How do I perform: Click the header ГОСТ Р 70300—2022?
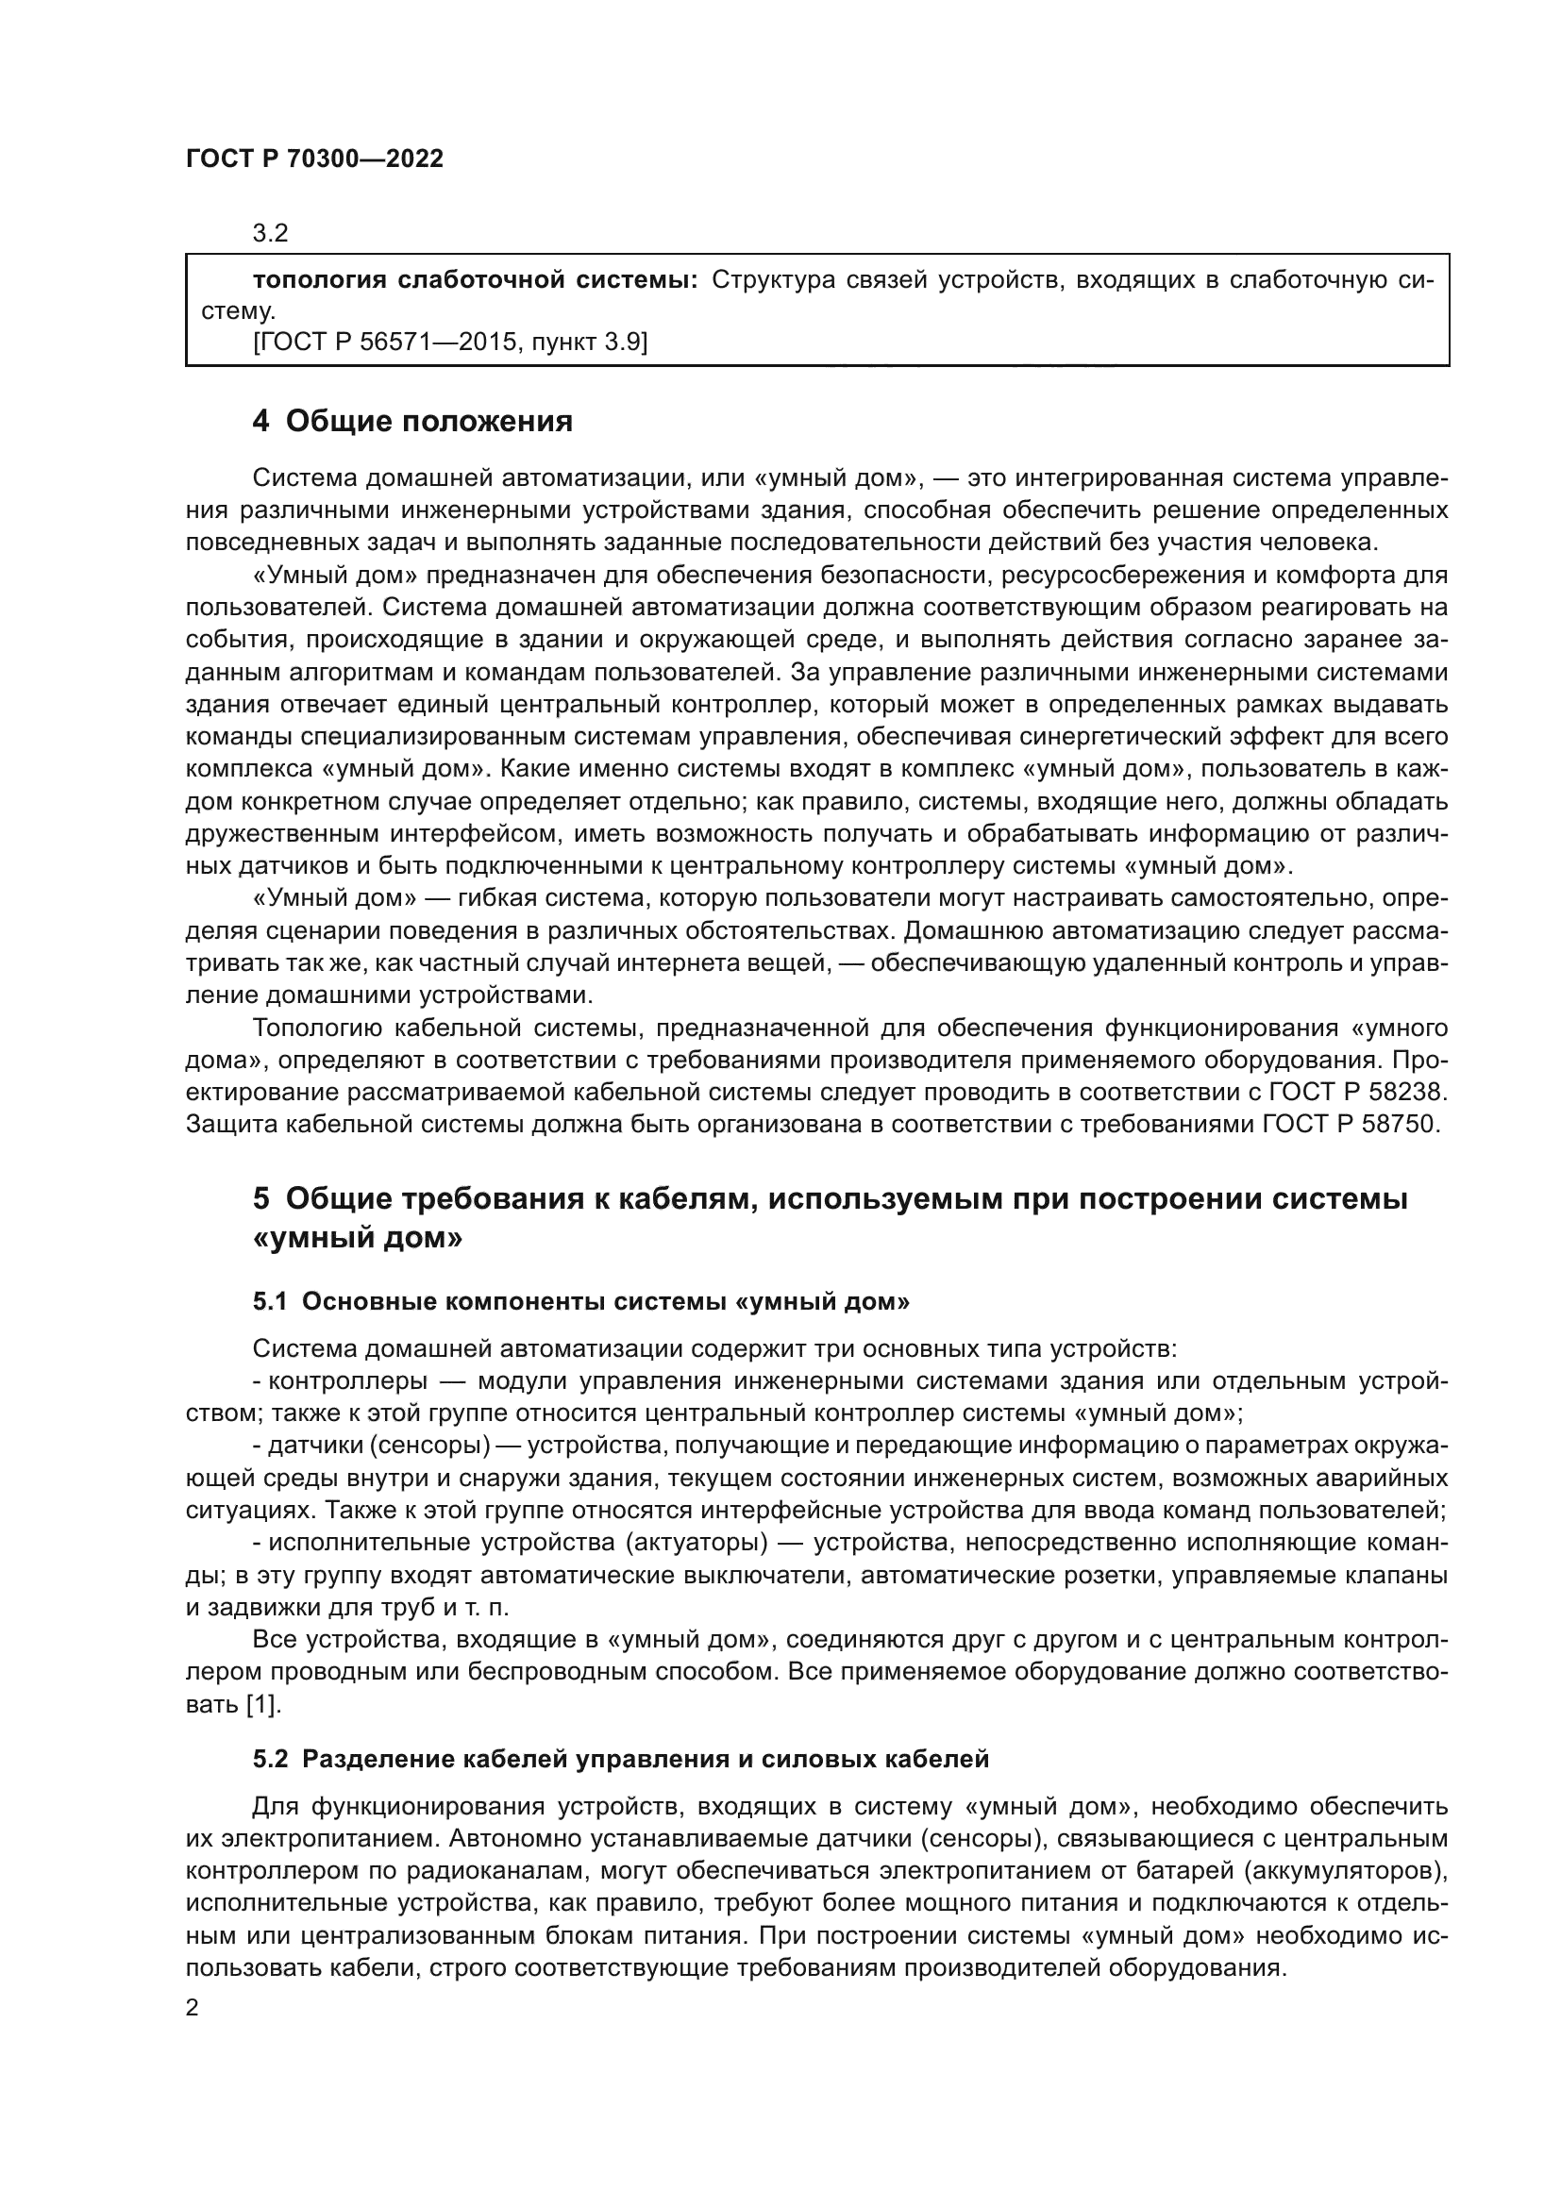(x=314, y=159)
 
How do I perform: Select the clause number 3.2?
(x=270, y=233)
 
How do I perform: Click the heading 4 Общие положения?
(x=412, y=421)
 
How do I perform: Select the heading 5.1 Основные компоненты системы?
(x=580, y=1301)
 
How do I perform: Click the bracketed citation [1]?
(x=264, y=1704)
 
